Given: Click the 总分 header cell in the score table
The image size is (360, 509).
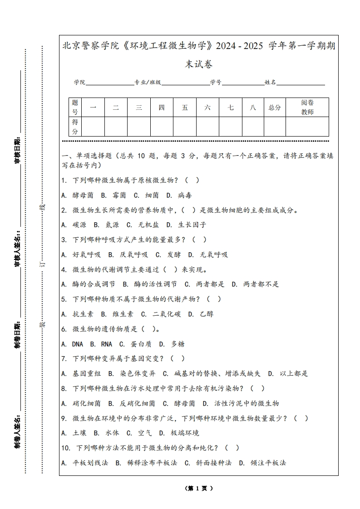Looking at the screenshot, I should [x=275, y=108].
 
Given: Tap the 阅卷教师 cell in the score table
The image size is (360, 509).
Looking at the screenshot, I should [x=307, y=108].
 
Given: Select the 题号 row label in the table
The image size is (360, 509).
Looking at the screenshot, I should [x=75, y=108].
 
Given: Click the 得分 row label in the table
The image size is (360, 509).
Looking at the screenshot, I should [x=75, y=127].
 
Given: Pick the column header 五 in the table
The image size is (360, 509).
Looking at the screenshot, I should [x=185, y=108].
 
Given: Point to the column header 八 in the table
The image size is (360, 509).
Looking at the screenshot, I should [x=253, y=108].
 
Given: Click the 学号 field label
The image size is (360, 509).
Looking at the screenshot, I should [x=216, y=83].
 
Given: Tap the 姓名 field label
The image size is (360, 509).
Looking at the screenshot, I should [x=271, y=83].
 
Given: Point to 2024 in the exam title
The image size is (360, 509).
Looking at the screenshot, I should [x=227, y=46].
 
